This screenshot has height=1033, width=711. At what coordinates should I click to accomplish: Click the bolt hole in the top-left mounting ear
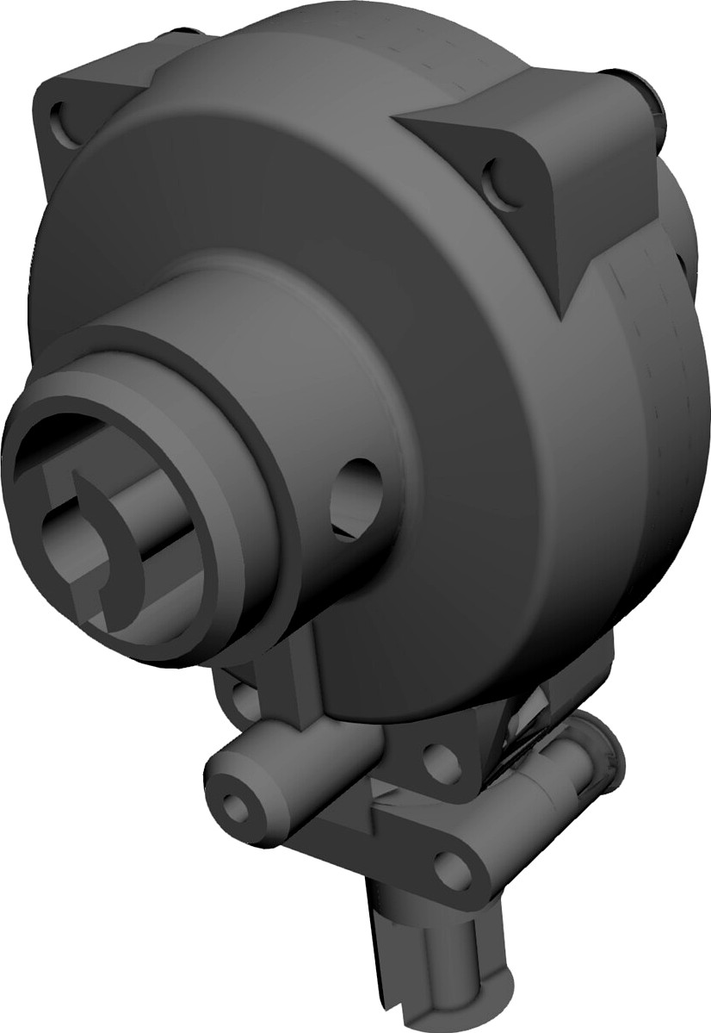(x=62, y=119)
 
